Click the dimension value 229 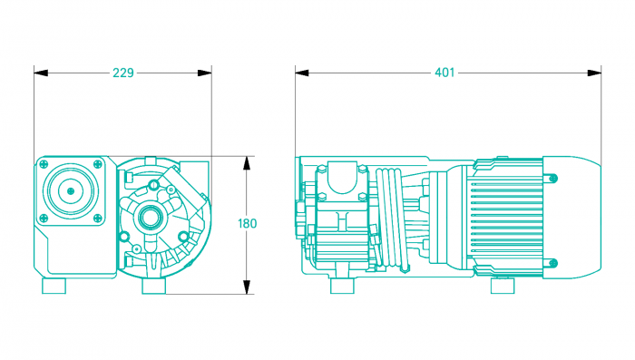coord(123,73)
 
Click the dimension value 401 coord(444,73)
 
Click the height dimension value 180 coord(247,224)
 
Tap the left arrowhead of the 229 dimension coord(41,73)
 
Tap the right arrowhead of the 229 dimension coord(204,73)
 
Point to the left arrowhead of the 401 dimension coord(302,73)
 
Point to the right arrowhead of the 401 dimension coord(594,73)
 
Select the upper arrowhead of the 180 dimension coord(247,163)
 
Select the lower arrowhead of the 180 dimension coord(247,287)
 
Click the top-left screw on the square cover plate coord(44,164)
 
